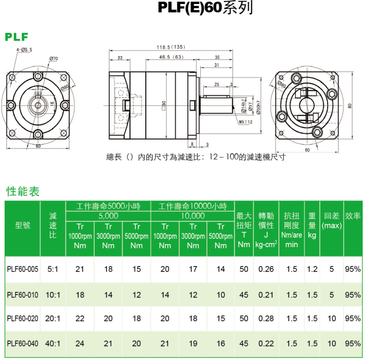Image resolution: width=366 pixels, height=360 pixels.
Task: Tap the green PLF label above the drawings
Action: tap(16, 36)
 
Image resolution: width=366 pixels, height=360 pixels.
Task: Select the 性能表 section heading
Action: tap(22, 191)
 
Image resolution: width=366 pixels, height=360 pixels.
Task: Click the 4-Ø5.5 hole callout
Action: tap(24, 49)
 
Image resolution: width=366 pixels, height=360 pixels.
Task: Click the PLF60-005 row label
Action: tap(22, 269)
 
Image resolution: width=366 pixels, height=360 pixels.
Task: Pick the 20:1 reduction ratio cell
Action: tap(52, 318)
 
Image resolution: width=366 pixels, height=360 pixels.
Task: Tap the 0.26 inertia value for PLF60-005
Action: tap(266, 269)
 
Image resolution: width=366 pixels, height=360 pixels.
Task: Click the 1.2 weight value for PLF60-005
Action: tap(312, 269)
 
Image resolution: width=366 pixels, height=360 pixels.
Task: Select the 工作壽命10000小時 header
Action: tap(193, 206)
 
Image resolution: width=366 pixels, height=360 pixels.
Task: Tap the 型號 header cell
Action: tap(22, 225)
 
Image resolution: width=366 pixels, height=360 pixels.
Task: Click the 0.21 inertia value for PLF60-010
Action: tap(266, 294)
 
